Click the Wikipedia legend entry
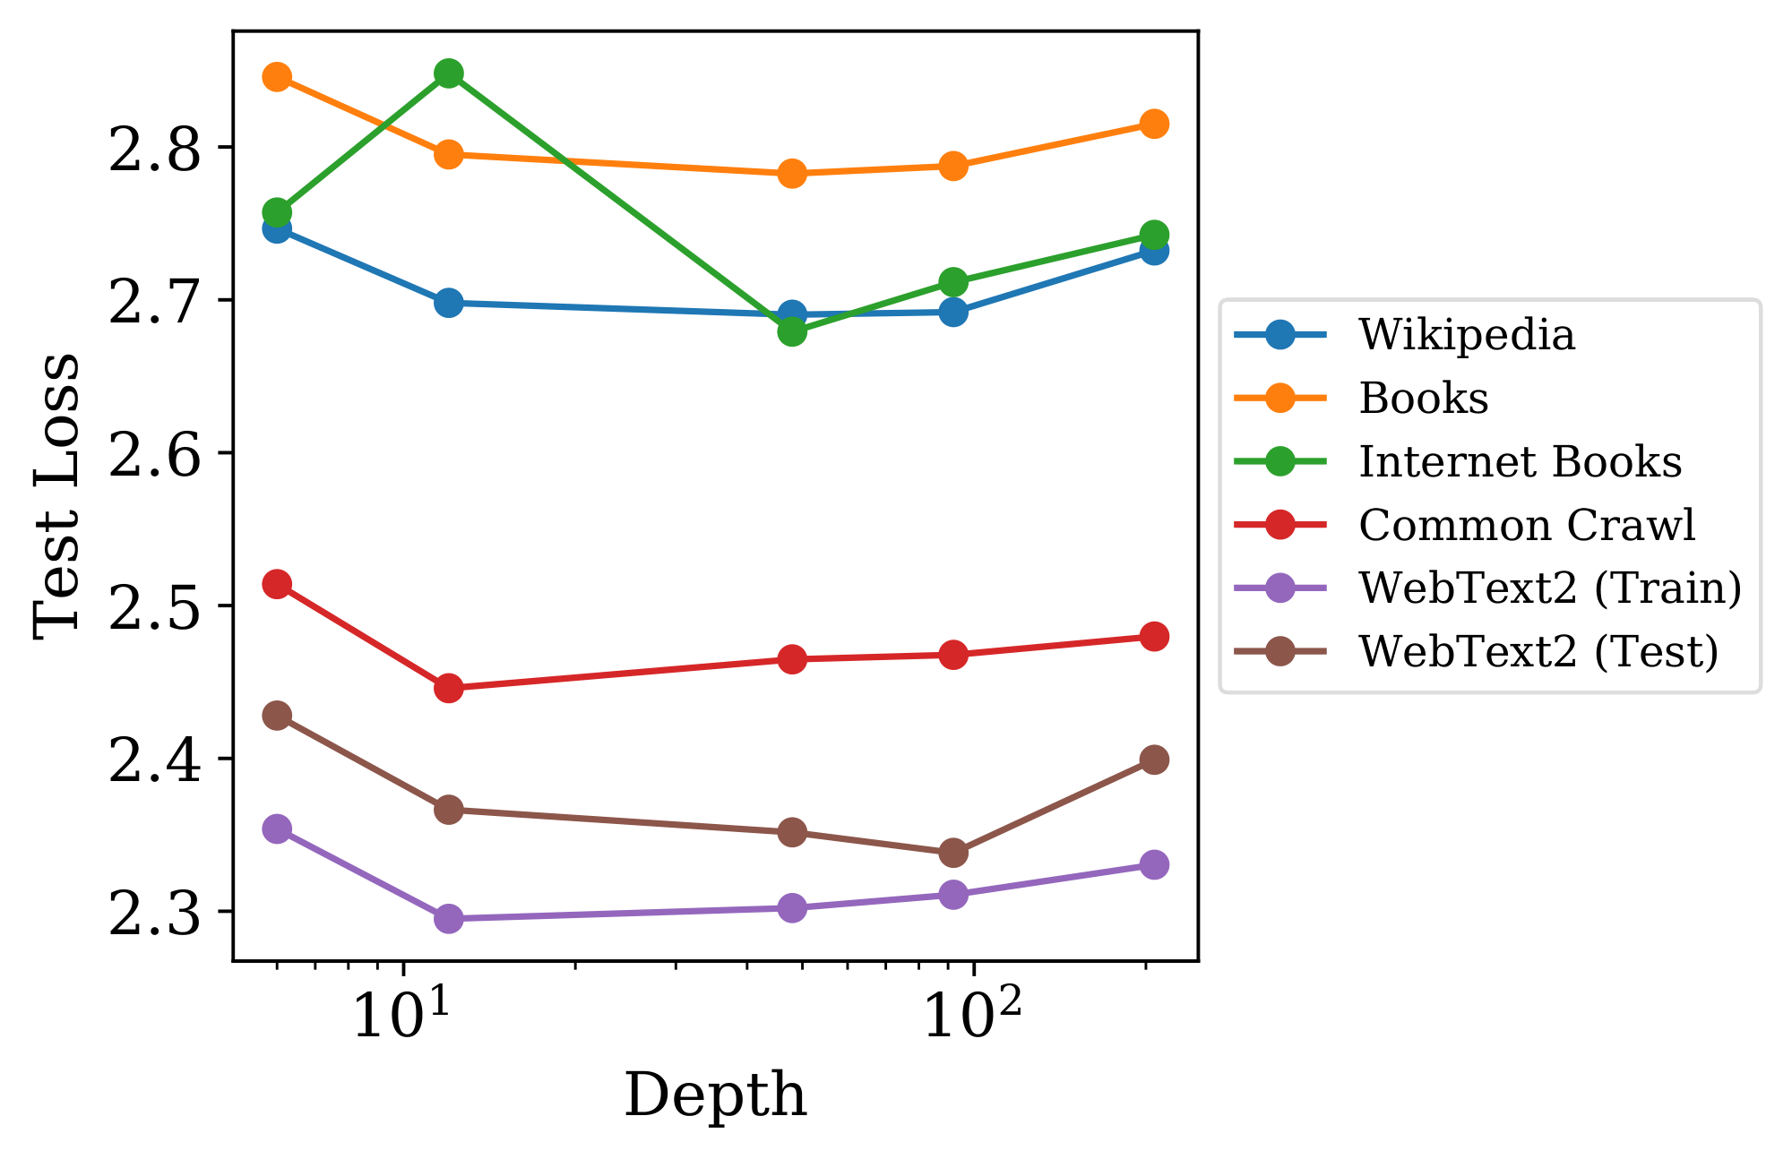tap(1466, 335)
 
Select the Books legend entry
tap(1423, 399)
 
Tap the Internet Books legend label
tap(1520, 462)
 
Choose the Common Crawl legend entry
tap(1526, 526)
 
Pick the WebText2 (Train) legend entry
tap(1549, 588)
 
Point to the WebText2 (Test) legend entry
tap(1538, 652)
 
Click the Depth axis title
tap(715, 1095)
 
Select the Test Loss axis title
tap(56, 495)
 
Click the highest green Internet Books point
tap(449, 73)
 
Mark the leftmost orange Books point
tap(277, 77)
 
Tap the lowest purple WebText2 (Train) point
tap(449, 919)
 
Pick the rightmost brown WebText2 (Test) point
tap(1154, 760)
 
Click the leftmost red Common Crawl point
tap(277, 585)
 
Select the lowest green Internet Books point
tap(791, 332)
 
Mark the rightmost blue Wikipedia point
tap(1154, 251)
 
